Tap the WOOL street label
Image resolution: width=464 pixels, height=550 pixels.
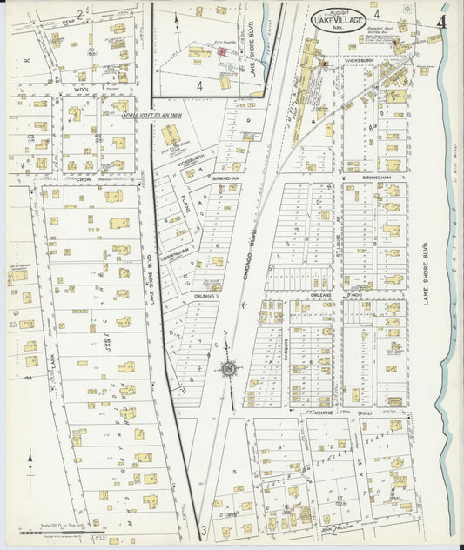(x=82, y=89)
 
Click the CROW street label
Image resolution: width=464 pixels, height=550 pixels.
(x=84, y=180)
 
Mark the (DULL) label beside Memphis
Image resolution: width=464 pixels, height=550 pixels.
(x=366, y=413)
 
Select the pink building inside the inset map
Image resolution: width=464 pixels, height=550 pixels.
(x=221, y=51)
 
